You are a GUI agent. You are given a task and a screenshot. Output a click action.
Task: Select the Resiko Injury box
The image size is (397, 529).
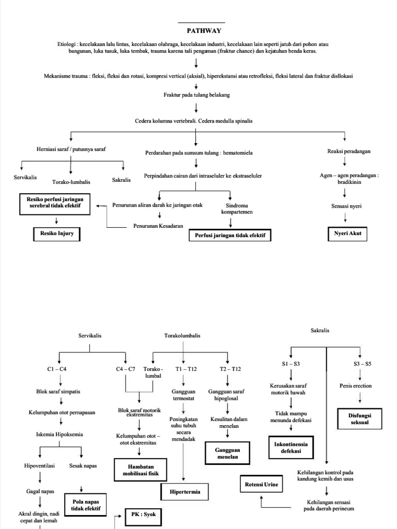(57, 234)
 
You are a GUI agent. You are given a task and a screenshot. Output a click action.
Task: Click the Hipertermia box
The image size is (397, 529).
(185, 492)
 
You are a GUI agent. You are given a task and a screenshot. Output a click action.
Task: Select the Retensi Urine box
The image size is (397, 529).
(262, 485)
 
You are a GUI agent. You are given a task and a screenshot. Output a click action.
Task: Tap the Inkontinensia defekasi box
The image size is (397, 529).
(291, 446)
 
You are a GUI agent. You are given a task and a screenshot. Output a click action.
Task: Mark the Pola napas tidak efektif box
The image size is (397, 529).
(85, 505)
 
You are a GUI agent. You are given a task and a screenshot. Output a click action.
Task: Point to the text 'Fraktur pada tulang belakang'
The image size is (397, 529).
(196, 95)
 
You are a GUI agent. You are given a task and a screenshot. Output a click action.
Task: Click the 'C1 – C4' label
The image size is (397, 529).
(57, 369)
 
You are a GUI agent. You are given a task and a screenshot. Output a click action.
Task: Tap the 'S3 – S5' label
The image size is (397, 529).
(362, 364)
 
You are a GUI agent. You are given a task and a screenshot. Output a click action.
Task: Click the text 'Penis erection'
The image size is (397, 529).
(355, 385)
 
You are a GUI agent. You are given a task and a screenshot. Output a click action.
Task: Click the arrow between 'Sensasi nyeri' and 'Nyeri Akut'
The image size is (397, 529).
(345, 219)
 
